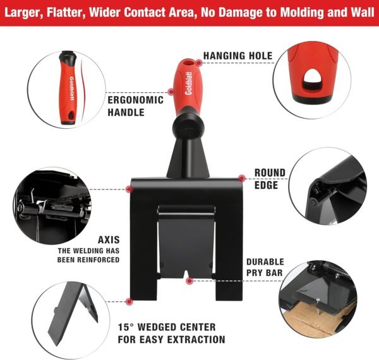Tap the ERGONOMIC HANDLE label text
(x=135, y=106)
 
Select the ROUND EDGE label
(x=270, y=179)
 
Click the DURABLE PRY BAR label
(x=265, y=267)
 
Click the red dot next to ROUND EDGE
(x=241, y=177)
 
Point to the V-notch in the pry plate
(x=189, y=277)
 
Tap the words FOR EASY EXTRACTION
(x=172, y=340)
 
